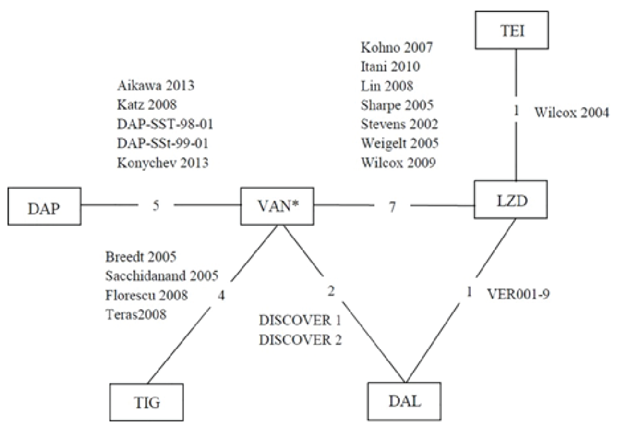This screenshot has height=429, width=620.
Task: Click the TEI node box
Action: click(x=511, y=30)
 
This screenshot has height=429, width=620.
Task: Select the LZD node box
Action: click(x=511, y=200)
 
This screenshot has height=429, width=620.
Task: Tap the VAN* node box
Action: click(x=277, y=206)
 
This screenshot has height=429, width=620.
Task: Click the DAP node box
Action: click(x=44, y=207)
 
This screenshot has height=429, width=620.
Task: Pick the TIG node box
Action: click(x=146, y=402)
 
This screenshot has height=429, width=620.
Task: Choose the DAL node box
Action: click(x=404, y=401)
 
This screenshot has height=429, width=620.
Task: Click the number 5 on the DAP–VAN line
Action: click(x=156, y=205)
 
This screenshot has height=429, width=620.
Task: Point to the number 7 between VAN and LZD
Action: click(x=392, y=207)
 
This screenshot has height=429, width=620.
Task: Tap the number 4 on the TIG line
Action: click(x=221, y=295)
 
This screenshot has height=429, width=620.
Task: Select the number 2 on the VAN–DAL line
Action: click(x=331, y=290)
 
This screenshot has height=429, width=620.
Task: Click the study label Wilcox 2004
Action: click(x=571, y=112)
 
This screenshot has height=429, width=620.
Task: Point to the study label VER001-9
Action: click(x=518, y=294)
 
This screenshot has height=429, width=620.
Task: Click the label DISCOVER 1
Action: click(x=300, y=320)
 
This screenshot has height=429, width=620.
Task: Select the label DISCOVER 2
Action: click(x=300, y=339)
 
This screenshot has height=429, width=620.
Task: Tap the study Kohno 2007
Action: click(x=397, y=47)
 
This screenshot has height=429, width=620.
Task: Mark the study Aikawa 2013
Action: click(x=156, y=85)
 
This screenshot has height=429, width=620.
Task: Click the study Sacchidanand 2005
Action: click(x=162, y=276)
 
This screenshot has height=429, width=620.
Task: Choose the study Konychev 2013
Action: click(x=162, y=162)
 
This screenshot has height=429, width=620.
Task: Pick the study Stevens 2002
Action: click(x=399, y=124)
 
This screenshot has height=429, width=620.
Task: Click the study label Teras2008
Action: click(x=136, y=314)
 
